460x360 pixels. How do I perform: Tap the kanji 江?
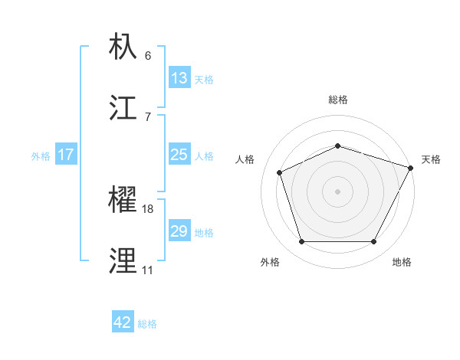tap(125, 108)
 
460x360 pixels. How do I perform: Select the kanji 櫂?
tap(125, 201)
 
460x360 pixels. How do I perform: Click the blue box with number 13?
tap(179, 78)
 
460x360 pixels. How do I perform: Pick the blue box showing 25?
tap(179, 155)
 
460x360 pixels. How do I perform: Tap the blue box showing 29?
tap(179, 231)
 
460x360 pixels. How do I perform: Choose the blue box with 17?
tap(65, 155)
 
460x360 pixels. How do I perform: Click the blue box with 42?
tap(123, 322)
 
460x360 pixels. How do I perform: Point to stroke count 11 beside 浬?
tap(147, 270)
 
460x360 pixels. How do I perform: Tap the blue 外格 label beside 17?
tap(41, 155)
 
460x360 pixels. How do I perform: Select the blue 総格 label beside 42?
tap(147, 323)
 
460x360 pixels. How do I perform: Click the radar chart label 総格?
tap(338, 100)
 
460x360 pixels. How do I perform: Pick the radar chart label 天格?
tap(431, 159)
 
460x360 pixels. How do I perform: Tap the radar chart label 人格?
tap(245, 159)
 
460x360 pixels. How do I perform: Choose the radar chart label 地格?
tap(402, 262)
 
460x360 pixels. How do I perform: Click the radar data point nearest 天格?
tap(412, 167)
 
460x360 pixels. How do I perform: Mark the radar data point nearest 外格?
tap(301, 242)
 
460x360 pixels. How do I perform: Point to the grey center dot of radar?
tap(337, 191)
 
